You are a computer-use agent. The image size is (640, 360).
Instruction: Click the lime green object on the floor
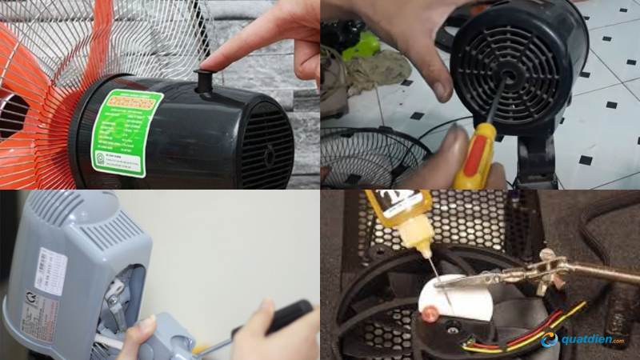(x=361, y=44)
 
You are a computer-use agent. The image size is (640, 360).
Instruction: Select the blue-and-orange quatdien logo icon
(x=549, y=339)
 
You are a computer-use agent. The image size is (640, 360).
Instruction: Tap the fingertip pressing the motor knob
(x=210, y=66)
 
